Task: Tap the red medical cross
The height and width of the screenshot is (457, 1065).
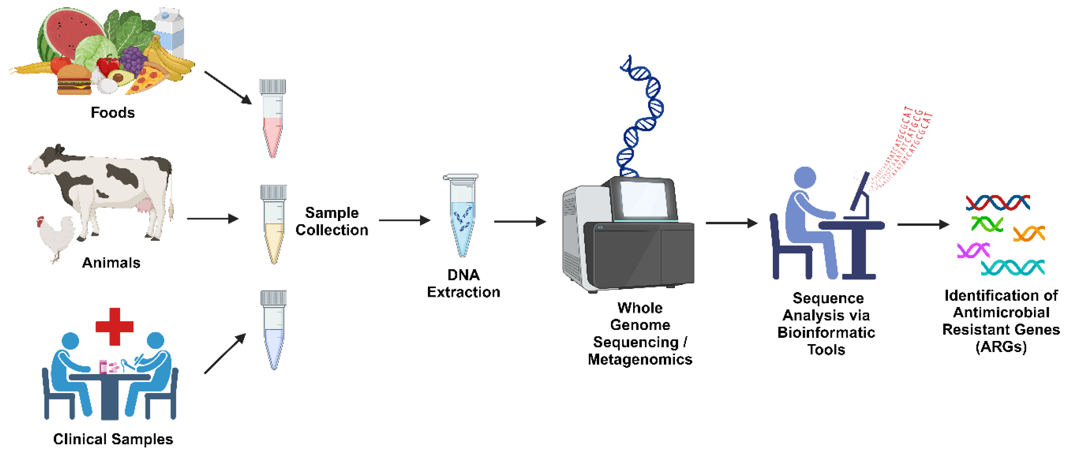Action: click(x=114, y=326)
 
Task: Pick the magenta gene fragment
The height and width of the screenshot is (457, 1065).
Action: click(x=973, y=250)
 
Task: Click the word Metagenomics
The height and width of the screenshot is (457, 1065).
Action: click(x=640, y=359)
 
